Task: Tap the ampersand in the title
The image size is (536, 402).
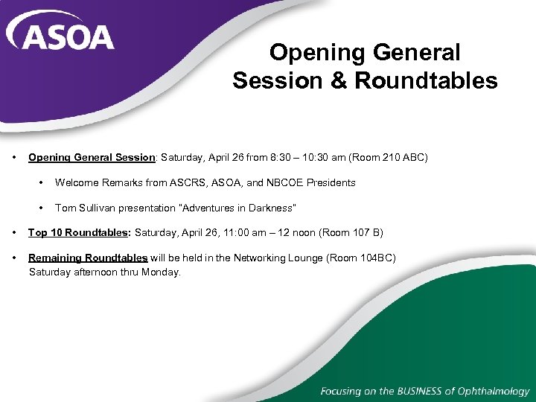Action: [339, 80]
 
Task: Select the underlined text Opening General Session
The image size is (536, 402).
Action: [92, 158]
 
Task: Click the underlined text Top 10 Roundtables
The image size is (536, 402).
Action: [78, 233]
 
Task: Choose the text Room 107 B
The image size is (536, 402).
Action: [350, 233]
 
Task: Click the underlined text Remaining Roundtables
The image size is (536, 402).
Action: [88, 258]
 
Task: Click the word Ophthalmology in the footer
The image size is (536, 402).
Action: [492, 391]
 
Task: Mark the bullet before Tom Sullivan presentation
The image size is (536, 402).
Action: [42, 208]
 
